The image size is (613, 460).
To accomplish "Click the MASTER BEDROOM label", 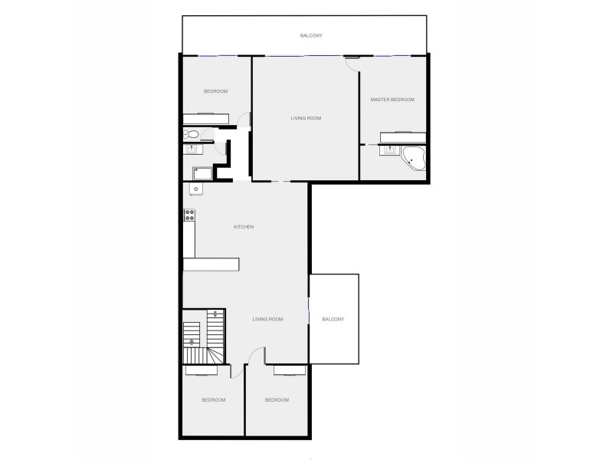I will (x=392, y=100).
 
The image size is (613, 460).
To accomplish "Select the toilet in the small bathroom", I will (x=193, y=136).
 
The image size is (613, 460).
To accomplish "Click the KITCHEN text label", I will (x=244, y=227).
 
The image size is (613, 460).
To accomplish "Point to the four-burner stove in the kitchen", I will (x=188, y=218).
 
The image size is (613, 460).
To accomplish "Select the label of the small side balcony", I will (x=334, y=319).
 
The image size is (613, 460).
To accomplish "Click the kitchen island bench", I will (x=211, y=264).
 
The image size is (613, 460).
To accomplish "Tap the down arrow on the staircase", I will (x=217, y=314).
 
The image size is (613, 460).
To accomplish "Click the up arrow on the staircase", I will (x=192, y=342).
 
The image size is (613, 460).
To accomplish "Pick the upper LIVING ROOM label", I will (x=305, y=118).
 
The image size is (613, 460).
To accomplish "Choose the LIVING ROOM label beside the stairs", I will (x=268, y=319).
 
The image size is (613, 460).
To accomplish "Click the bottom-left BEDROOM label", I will (x=214, y=400).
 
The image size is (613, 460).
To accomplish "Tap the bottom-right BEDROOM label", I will (x=277, y=400).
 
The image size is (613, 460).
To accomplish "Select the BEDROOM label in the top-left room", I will (x=215, y=92).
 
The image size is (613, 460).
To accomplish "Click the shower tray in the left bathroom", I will (x=202, y=172).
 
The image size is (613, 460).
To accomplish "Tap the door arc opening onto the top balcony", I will (x=352, y=64).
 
